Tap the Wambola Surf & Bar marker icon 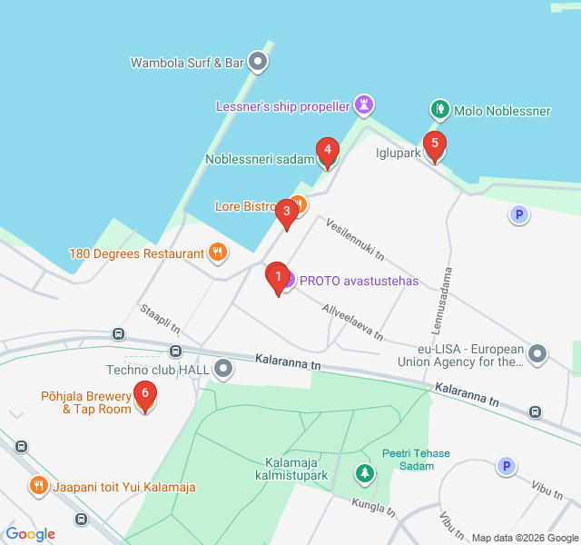click(258, 63)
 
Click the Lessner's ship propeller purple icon click(363, 106)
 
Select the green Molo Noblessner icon click(439, 111)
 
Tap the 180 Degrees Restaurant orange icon click(217, 253)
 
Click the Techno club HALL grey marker click(223, 369)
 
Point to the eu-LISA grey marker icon click(537, 353)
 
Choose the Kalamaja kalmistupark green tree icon click(364, 473)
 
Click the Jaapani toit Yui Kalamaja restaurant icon click(38, 487)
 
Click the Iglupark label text click(398, 153)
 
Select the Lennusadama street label click(447, 299)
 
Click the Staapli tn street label click(160, 319)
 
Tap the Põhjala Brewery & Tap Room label click(86, 402)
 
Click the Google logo click(31, 533)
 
